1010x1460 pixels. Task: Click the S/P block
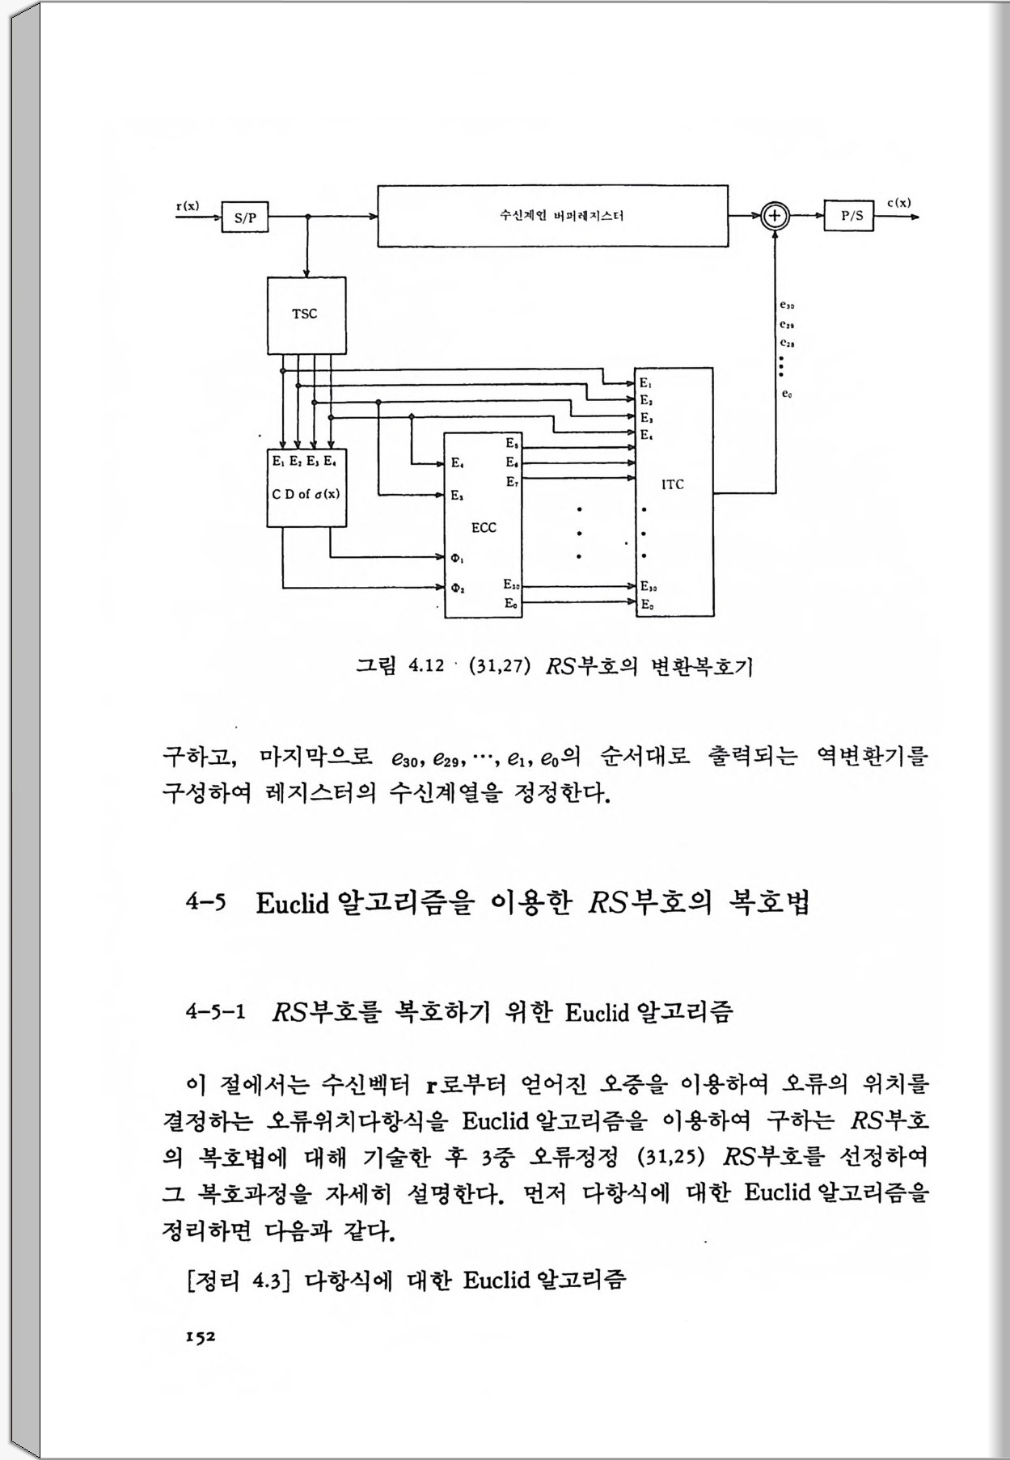coord(245,217)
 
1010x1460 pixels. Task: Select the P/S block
coord(849,216)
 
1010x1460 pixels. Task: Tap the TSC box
coord(306,314)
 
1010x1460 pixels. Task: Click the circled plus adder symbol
coord(775,216)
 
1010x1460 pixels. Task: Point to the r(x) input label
coord(188,205)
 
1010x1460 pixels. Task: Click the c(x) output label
coord(899,203)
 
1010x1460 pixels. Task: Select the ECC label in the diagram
coord(484,528)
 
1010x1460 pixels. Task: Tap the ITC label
coord(673,484)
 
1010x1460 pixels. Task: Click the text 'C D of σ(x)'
coord(306,494)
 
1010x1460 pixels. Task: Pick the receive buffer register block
coord(552,216)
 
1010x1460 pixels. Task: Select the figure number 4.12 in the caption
coord(427,666)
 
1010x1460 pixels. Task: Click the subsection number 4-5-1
coord(215,1011)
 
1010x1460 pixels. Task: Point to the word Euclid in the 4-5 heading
coord(292,903)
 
